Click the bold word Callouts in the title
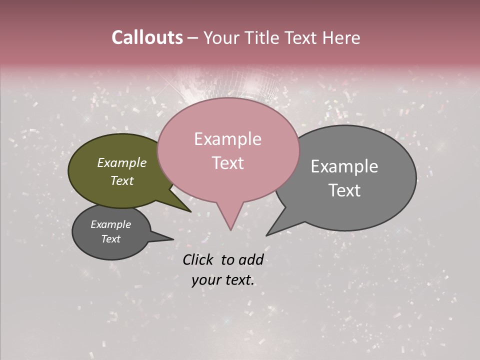(x=147, y=37)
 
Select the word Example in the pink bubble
(x=227, y=139)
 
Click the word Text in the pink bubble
(x=227, y=163)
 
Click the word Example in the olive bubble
(x=121, y=163)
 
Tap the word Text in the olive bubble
(x=121, y=180)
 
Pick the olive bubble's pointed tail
(x=189, y=210)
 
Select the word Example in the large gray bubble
(x=344, y=166)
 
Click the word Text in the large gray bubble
(x=344, y=190)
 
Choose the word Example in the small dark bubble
(x=110, y=224)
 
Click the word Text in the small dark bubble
(x=110, y=239)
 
